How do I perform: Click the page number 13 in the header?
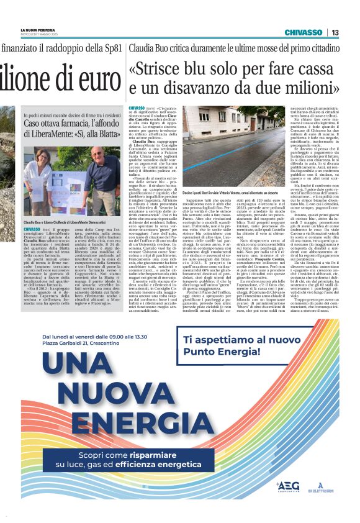click(x=335, y=32)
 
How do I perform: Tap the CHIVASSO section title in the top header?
click(x=304, y=32)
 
